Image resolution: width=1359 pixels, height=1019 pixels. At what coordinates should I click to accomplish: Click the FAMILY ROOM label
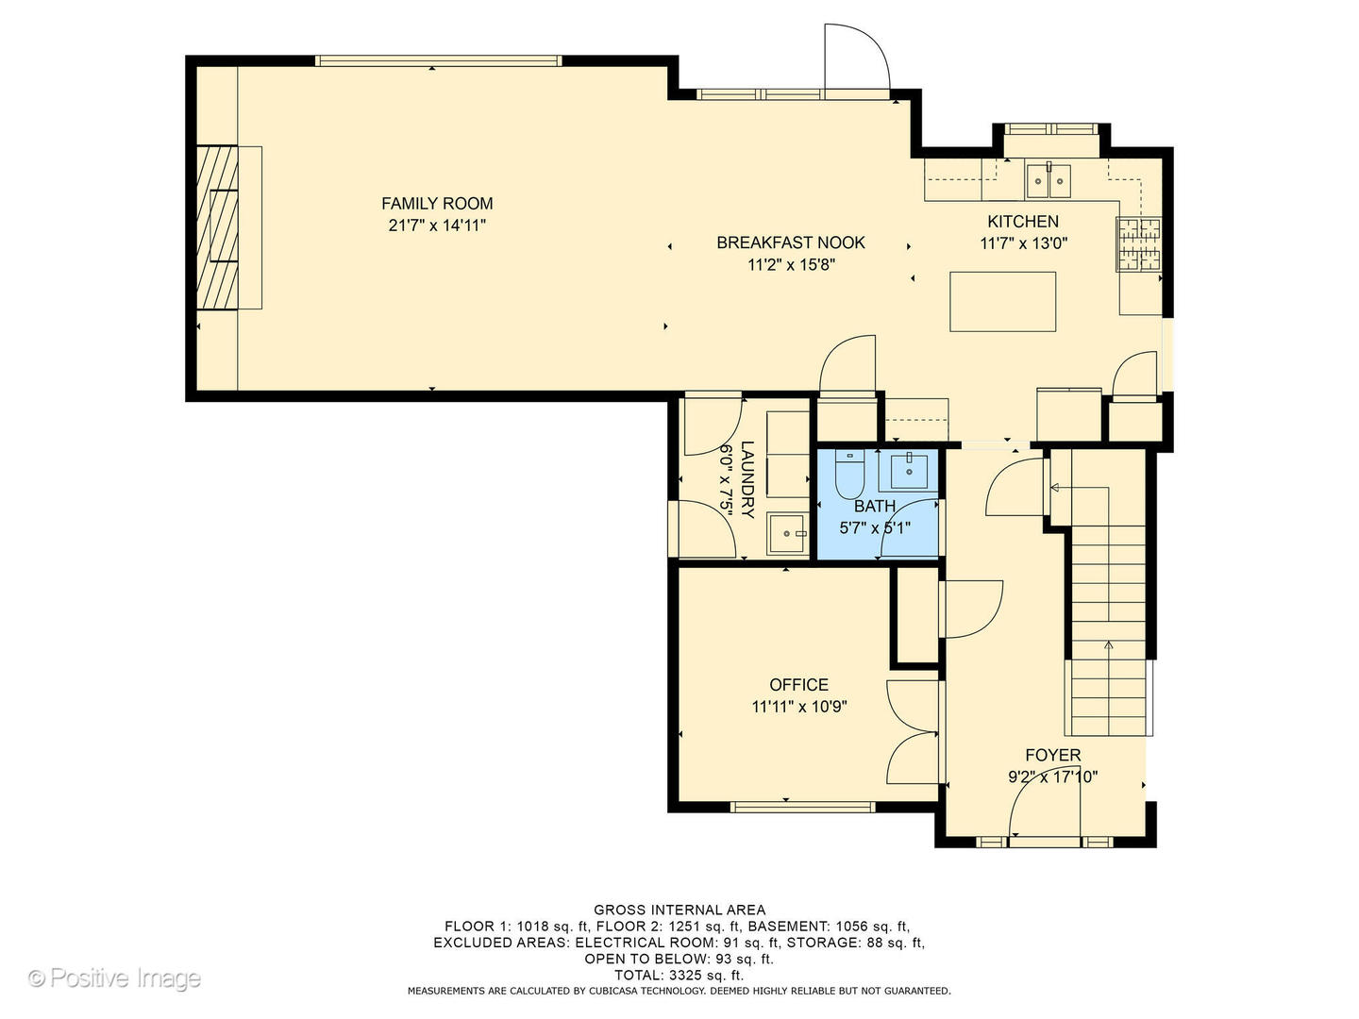[x=437, y=204]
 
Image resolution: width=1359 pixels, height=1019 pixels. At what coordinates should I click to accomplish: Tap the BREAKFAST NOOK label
[x=790, y=242]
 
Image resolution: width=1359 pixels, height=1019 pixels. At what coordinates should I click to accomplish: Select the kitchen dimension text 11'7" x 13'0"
[x=1023, y=243]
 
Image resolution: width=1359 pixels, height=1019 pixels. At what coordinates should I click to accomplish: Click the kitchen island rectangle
[x=1001, y=301]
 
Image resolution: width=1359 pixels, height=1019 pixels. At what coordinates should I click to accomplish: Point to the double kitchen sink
[x=1048, y=180]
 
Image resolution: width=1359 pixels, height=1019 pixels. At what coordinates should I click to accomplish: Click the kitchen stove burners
[x=1138, y=244]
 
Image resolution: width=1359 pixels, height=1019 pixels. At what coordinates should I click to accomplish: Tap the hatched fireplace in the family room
[x=217, y=227]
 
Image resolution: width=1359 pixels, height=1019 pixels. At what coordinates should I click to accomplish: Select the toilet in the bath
[x=848, y=474]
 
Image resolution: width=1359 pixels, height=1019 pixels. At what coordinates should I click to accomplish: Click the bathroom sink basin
[x=908, y=471]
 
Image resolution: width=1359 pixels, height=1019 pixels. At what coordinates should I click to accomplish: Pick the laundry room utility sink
[x=786, y=533]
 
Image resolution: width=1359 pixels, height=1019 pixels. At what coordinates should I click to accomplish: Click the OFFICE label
[x=798, y=684]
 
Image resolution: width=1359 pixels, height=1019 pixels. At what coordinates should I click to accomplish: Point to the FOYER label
[x=1052, y=755]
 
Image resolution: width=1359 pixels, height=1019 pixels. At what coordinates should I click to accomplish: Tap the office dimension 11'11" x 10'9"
[x=798, y=706]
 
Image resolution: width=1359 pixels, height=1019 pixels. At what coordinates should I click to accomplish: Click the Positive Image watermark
[x=115, y=977]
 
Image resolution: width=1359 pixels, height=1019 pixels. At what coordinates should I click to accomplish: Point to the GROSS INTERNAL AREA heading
[x=679, y=910]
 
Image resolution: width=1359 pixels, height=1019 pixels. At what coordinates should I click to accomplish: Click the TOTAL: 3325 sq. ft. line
[x=679, y=975]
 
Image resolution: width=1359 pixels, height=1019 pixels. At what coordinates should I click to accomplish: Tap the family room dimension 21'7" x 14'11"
[x=437, y=226]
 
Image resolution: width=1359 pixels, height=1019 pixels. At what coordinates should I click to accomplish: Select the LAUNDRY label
[x=747, y=479]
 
